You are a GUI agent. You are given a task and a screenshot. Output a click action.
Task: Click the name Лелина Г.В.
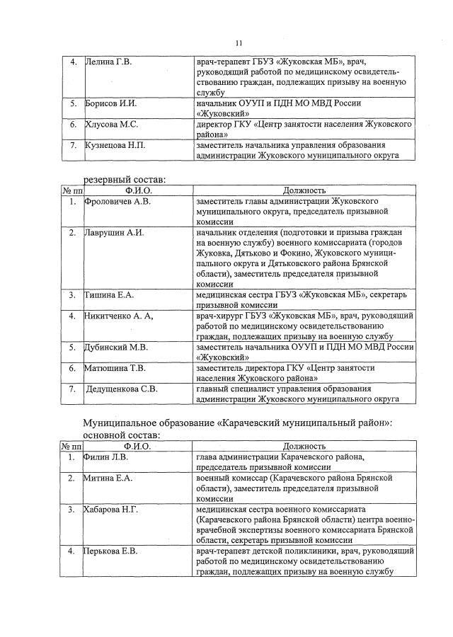point(109,62)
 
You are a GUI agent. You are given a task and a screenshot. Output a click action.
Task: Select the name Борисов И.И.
point(110,103)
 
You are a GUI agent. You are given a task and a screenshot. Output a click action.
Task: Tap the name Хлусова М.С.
point(112,125)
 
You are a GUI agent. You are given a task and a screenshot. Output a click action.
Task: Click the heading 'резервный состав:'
point(125,180)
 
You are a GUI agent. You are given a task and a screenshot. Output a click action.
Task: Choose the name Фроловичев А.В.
point(117,201)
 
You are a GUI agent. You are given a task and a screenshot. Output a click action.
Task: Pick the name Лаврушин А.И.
point(115,232)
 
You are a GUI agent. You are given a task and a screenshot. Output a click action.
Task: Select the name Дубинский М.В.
point(116,347)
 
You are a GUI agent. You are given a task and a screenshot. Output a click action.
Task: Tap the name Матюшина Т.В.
point(115,368)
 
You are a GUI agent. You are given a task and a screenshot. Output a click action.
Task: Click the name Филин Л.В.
point(107,457)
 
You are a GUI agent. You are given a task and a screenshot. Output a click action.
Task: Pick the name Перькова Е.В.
point(110,551)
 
